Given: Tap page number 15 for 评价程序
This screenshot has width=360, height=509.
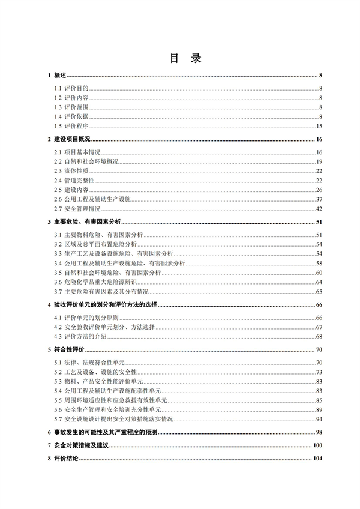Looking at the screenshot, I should (320, 126).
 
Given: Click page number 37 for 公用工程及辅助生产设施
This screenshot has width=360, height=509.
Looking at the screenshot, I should (320, 199).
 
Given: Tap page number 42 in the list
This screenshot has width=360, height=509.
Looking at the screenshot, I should (320, 209).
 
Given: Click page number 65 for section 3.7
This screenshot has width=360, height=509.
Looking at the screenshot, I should (320, 291).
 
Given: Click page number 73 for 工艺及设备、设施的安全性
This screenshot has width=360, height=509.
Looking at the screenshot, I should (320, 372).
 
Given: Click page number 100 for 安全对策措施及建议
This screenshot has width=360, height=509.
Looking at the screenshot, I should (318, 445).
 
